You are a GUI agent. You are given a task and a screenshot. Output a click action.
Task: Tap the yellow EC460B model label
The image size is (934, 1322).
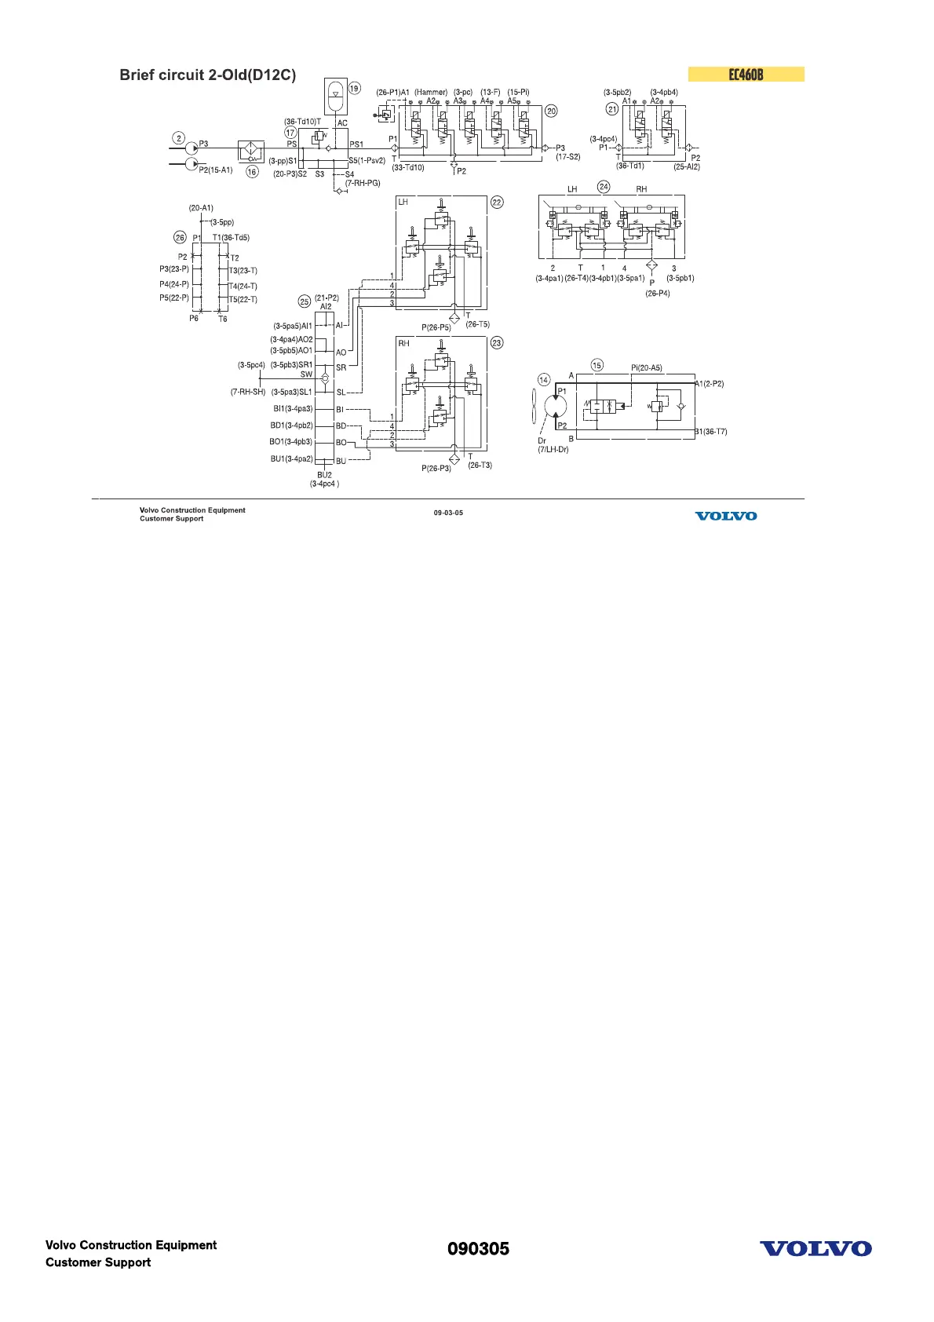[x=746, y=75]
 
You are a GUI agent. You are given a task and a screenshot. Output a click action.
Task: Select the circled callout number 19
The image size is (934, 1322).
[x=354, y=89]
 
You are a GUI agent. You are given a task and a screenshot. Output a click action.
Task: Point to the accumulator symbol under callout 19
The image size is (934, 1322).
[x=336, y=95]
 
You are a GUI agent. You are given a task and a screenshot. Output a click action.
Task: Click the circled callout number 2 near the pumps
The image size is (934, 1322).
[x=179, y=138]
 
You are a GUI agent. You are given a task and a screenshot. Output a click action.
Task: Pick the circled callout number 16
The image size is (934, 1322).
[x=252, y=172]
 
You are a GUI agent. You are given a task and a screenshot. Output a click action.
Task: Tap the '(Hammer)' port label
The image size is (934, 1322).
[x=431, y=92]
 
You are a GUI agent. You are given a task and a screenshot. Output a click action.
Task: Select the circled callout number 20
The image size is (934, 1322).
[x=551, y=111]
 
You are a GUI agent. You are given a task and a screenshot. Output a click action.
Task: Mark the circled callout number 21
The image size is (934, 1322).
[x=613, y=110]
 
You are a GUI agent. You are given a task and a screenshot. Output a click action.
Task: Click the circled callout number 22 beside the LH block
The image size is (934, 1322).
[x=497, y=203]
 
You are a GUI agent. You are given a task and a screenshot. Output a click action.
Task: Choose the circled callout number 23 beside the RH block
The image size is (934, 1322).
[x=497, y=343]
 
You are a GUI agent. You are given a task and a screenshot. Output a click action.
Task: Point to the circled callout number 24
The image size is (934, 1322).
[x=604, y=187]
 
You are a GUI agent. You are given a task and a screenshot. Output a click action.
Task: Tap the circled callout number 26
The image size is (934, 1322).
[x=180, y=238]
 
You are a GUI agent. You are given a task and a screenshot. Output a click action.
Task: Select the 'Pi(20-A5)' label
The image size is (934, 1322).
[x=646, y=367]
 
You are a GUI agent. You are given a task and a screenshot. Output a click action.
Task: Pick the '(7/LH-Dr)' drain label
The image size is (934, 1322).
[x=553, y=450]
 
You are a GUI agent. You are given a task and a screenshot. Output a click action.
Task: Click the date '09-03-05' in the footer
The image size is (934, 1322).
[x=448, y=513]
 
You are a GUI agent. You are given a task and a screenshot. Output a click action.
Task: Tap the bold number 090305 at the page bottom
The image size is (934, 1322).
[x=478, y=1249]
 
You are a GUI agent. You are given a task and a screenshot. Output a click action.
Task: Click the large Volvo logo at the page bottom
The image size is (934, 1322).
[x=815, y=1249]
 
